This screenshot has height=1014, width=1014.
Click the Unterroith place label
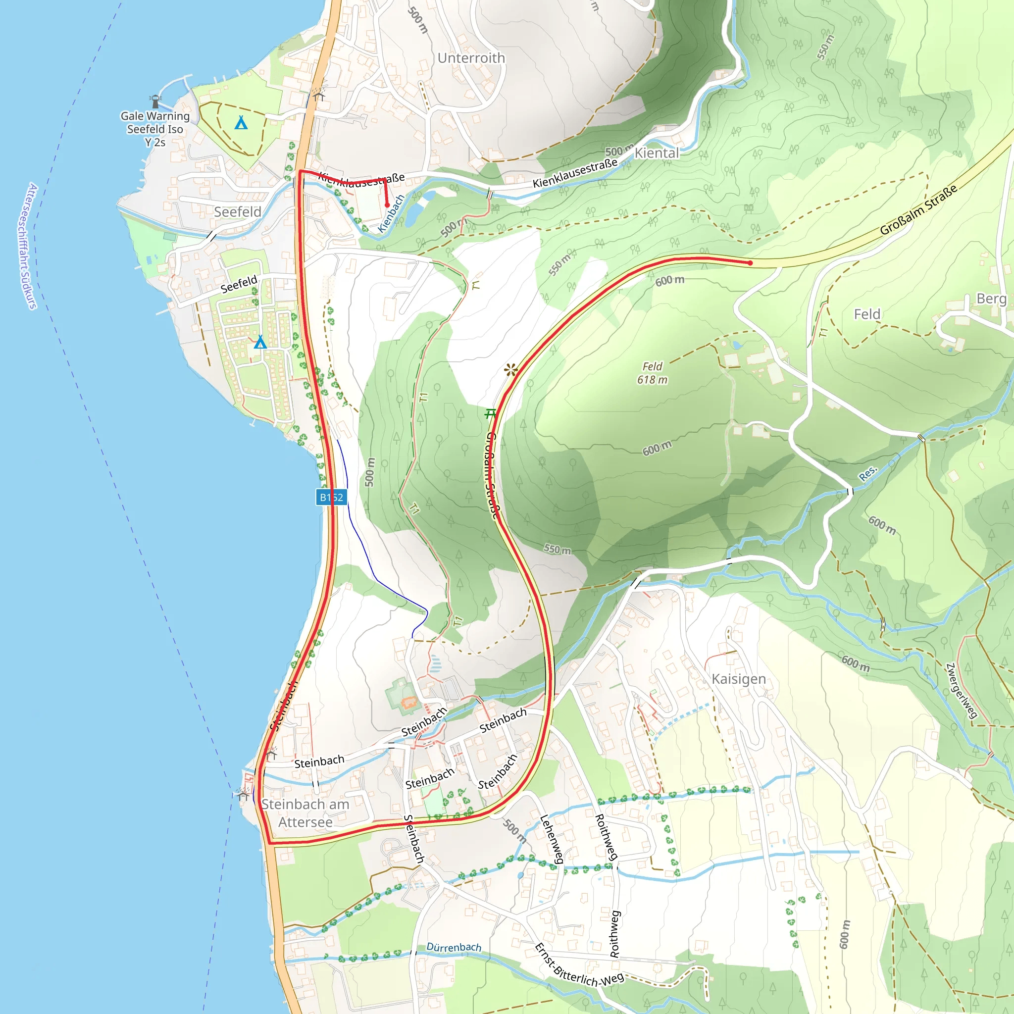[x=471, y=58]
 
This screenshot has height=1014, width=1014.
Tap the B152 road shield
[x=331, y=497]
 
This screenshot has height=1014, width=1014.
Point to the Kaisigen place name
[x=738, y=679]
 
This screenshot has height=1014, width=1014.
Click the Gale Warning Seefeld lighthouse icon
[x=155, y=100]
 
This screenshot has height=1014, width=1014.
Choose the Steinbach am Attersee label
[x=305, y=813]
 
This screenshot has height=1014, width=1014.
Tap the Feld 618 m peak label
[x=653, y=373]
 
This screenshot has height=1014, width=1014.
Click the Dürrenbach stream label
[x=454, y=947]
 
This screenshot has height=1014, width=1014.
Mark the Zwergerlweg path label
[x=962, y=691]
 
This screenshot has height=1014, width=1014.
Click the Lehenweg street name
[x=552, y=839]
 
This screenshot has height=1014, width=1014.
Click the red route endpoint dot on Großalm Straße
[x=750, y=263]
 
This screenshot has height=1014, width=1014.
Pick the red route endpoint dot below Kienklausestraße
[x=387, y=205]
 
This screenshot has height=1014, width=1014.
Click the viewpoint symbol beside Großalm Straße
[x=510, y=370]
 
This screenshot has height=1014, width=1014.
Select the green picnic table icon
[x=490, y=413]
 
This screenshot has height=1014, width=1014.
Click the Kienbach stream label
[x=392, y=213]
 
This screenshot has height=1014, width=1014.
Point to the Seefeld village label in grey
[x=237, y=211]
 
